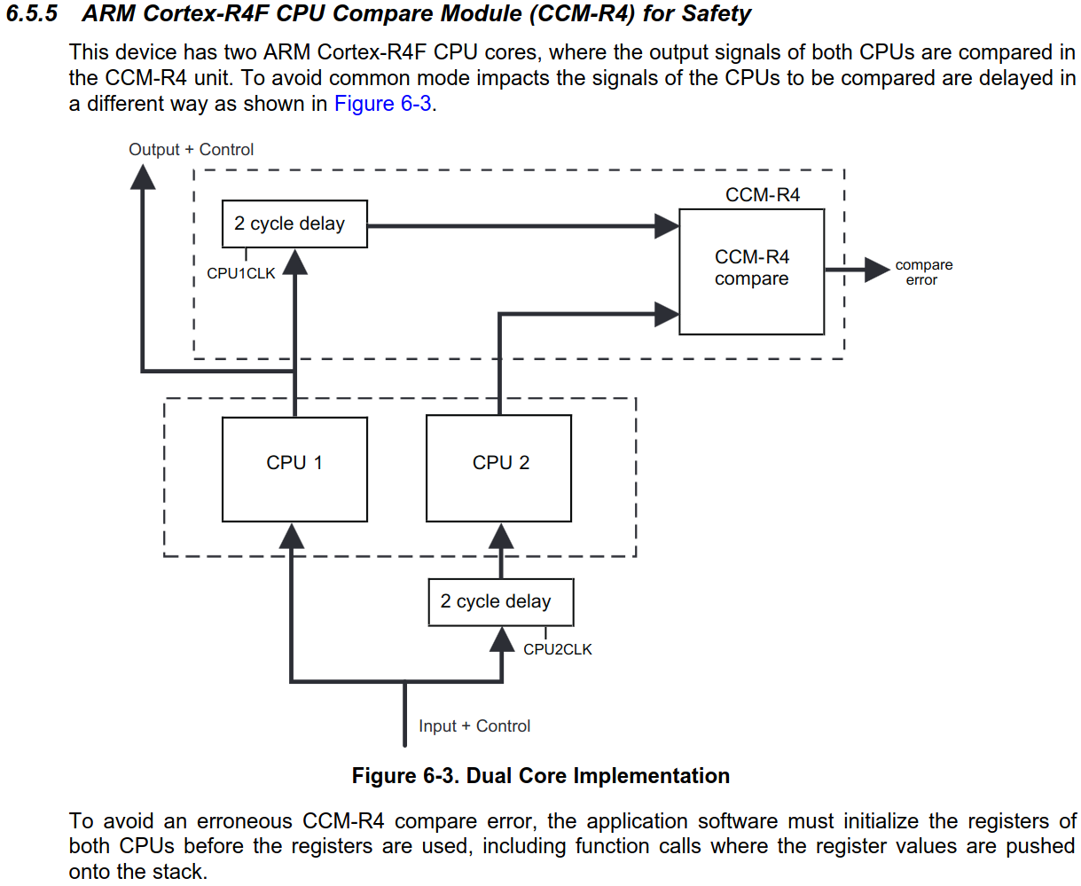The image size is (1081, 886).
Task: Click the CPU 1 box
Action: pyautogui.click(x=294, y=469)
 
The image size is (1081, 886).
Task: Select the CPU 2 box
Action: pyautogui.click(x=499, y=469)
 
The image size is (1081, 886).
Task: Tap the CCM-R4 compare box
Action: pyautogui.click(x=751, y=271)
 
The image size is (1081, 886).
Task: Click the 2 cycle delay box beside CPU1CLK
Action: pyautogui.click(x=294, y=223)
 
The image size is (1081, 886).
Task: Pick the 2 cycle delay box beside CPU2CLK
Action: pyautogui.click(x=500, y=602)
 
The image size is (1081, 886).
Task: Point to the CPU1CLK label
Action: pyautogui.click(x=240, y=273)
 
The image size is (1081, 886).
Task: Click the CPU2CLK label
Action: pyautogui.click(x=557, y=649)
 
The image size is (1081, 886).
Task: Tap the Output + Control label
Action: pyautogui.click(x=191, y=149)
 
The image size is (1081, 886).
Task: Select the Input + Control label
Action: pyautogui.click(x=474, y=725)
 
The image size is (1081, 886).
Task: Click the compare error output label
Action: pyautogui.click(x=923, y=272)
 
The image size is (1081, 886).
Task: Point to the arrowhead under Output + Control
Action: pyautogui.click(x=143, y=176)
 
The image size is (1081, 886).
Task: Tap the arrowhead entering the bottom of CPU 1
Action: pyautogui.click(x=292, y=536)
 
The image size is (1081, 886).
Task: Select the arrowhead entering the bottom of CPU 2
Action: pyautogui.click(x=501, y=536)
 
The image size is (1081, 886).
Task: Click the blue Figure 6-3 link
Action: pyautogui.click(x=382, y=104)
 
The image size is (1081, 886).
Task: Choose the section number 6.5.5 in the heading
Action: pyautogui.click(x=32, y=14)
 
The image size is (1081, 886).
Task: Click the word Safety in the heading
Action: pyautogui.click(x=717, y=14)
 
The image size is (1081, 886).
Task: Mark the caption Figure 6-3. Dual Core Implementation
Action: pyautogui.click(x=540, y=776)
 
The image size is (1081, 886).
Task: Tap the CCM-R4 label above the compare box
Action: pyautogui.click(x=762, y=195)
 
